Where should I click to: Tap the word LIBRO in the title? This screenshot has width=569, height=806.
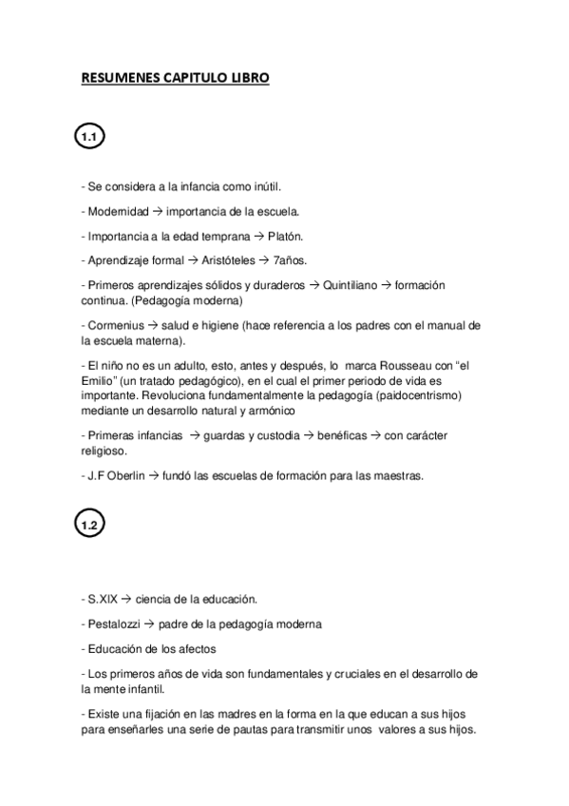tap(249, 79)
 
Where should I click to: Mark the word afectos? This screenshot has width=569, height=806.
tap(192, 648)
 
